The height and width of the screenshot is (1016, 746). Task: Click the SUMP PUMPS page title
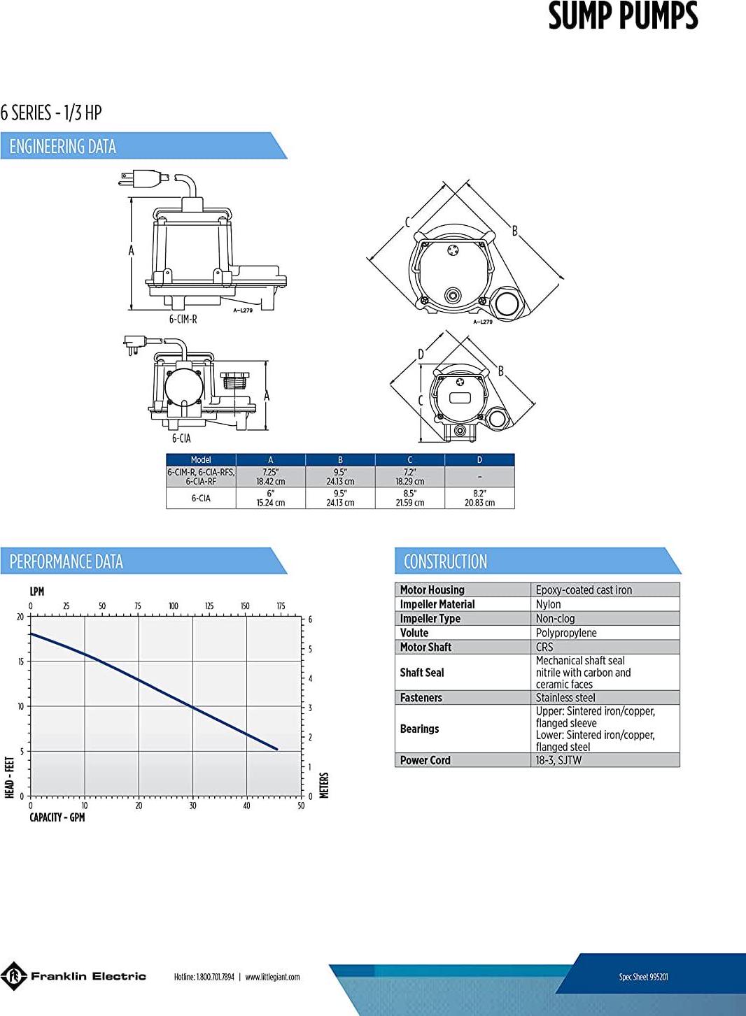623,16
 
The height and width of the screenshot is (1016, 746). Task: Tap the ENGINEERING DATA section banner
143,146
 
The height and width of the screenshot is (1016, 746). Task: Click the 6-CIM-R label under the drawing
183,320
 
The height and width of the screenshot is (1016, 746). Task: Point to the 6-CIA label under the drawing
181,438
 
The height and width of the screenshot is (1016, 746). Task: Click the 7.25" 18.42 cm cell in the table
271,477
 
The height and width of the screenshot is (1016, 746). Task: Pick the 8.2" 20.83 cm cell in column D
479,498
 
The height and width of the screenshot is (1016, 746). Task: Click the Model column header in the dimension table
201,460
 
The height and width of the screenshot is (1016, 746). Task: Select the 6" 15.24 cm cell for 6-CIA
271,498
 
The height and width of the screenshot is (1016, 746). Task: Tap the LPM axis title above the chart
37,592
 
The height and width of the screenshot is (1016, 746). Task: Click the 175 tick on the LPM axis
281,606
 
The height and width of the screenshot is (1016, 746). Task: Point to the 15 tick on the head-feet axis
20,661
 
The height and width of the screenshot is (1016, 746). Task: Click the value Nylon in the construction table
548,604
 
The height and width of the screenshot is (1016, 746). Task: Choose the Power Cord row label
425,760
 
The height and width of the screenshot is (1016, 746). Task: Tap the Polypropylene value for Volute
566,633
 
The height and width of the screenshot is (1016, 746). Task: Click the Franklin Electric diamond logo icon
13,976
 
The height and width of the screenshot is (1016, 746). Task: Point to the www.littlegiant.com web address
272,977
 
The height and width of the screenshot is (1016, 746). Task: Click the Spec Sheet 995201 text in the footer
643,977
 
